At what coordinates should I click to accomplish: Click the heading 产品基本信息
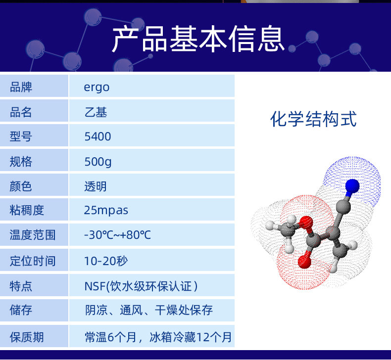tap(198, 39)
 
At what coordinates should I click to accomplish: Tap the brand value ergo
tap(97, 88)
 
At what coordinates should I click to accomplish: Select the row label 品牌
tap(21, 87)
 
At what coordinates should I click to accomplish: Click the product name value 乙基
tap(96, 112)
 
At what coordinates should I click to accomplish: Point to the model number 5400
tap(98, 136)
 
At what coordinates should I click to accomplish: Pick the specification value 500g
tap(98, 162)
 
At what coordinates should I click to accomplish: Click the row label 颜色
tap(21, 186)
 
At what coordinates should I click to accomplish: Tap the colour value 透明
tap(96, 186)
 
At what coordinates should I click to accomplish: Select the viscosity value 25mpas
tap(106, 211)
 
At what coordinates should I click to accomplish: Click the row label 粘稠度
tap(27, 210)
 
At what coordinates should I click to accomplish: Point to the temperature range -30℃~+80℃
tap(117, 235)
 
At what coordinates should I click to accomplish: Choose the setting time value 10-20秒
tap(106, 261)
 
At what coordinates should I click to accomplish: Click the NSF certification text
tap(141, 286)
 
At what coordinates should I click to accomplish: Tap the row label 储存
tap(21, 310)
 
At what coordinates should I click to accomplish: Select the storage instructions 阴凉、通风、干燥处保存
tap(149, 310)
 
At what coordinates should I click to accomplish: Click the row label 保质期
tap(27, 337)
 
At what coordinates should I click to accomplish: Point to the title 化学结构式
tap(313, 119)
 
